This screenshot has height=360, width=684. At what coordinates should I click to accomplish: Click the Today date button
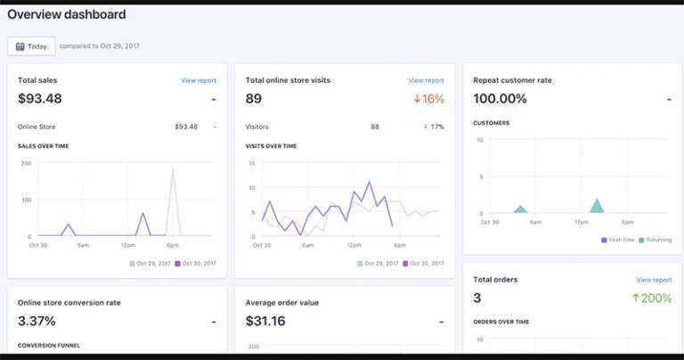(x=31, y=46)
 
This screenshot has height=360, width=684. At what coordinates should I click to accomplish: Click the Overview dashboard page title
(x=66, y=15)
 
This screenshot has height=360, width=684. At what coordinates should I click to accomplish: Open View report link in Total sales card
(x=198, y=80)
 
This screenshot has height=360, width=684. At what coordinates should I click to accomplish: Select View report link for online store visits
(x=426, y=80)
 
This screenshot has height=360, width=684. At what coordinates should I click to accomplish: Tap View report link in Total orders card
(x=654, y=280)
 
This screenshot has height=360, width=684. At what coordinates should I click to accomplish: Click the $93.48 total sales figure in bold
(x=40, y=99)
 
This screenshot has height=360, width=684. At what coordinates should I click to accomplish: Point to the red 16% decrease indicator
(x=428, y=99)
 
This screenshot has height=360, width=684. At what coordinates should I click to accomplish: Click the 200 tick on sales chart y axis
(x=26, y=164)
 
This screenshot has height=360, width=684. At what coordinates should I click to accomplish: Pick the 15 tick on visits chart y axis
(x=252, y=164)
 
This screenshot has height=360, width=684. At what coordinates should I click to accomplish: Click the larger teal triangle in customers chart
(x=597, y=206)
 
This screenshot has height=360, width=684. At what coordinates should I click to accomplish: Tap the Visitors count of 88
(x=375, y=127)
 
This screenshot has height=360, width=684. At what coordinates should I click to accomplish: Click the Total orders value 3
(x=477, y=299)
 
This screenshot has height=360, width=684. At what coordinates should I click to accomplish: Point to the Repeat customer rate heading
(x=512, y=80)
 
